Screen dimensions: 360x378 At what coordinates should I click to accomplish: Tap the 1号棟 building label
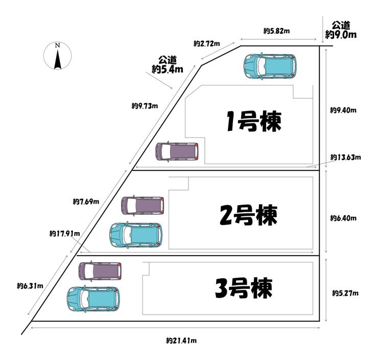click(254, 122)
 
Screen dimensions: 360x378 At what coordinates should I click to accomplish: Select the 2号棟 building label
click(248, 215)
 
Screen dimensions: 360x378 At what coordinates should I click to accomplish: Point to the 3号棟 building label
click(243, 288)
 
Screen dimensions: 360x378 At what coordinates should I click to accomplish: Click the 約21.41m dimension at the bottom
click(181, 341)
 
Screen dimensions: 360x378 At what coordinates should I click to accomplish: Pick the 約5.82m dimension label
click(277, 31)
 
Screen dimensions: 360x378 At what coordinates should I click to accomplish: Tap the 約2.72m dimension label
click(207, 44)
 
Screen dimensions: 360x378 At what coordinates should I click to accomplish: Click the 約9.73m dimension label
click(145, 106)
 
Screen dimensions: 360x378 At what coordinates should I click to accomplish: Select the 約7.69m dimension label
click(86, 201)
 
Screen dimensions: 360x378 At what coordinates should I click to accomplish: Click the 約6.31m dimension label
click(30, 285)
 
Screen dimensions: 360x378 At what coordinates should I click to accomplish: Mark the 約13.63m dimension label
click(346, 157)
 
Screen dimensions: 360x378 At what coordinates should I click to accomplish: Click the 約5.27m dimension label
click(345, 293)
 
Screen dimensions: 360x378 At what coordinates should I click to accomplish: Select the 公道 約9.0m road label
click(341, 30)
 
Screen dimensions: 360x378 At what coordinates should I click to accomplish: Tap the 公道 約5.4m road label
click(167, 65)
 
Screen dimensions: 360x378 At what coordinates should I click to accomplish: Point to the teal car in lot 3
click(93, 299)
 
